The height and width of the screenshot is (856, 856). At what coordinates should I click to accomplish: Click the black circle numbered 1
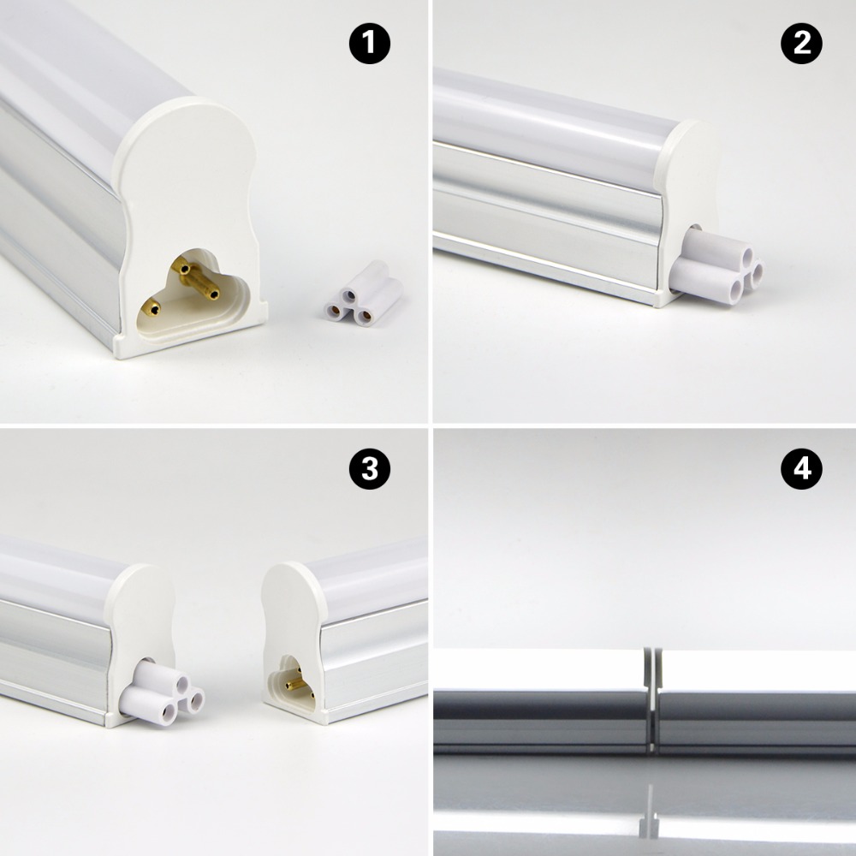[x=369, y=44]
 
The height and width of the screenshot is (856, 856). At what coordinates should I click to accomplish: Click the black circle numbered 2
[x=801, y=44]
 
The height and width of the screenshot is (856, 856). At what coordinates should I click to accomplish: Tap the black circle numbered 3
[x=369, y=470]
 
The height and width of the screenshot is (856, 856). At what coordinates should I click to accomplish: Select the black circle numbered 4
[x=801, y=470]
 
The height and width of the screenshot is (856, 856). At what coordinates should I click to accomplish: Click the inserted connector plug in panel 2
[x=715, y=267]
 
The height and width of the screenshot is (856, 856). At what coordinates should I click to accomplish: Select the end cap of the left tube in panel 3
[x=141, y=616]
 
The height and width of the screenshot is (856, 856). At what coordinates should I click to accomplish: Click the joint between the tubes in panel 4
[x=651, y=698]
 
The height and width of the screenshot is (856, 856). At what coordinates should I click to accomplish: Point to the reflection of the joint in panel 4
[x=650, y=813]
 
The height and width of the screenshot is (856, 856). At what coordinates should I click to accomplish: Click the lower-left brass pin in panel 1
[x=151, y=305]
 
